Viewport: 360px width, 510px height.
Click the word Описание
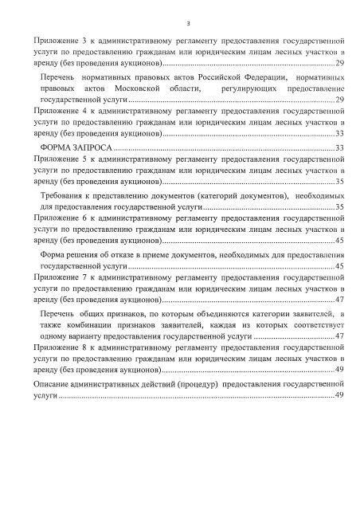pos(57,383)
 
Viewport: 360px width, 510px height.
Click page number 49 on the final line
pos(339,395)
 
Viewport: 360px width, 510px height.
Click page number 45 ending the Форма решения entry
pos(339,265)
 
